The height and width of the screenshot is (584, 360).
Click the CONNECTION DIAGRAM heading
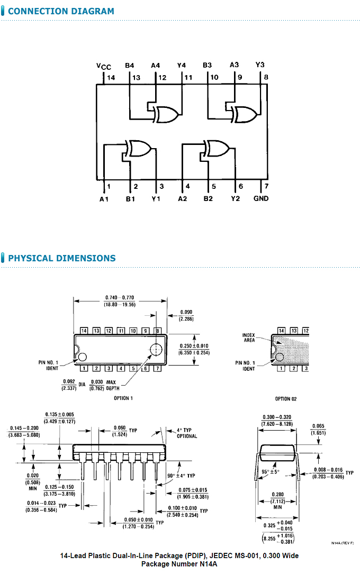61,11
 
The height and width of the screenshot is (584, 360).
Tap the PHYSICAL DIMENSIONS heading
62,258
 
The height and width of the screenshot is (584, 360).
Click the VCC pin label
104,66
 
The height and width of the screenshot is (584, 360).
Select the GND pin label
261,198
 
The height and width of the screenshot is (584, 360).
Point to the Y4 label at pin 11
182,65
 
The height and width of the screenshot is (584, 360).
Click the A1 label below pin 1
104,199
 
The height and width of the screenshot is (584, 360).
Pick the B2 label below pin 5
208,198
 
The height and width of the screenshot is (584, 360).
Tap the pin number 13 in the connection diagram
137,77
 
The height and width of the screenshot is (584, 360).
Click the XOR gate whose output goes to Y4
166,115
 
